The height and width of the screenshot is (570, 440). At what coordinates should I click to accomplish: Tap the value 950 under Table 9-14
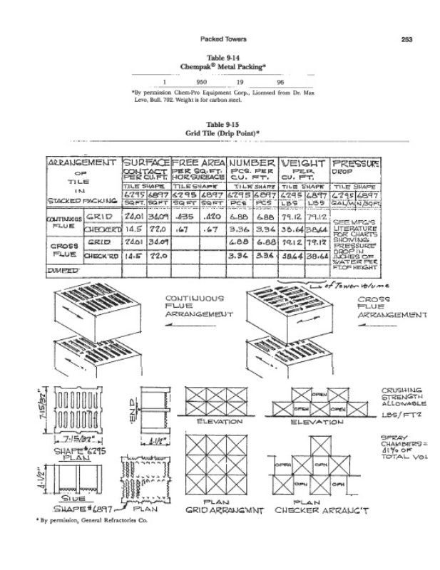click(x=201, y=83)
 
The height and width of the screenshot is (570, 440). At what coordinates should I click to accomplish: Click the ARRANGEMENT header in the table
click(x=81, y=163)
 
